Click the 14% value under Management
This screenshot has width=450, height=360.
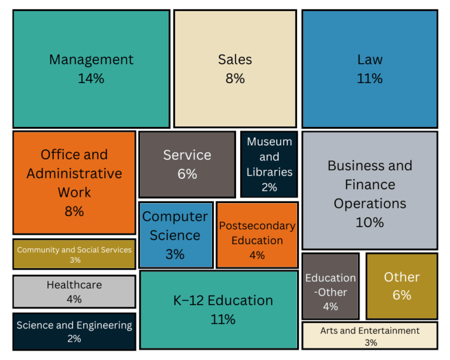(91, 78)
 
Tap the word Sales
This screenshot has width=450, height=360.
(235, 60)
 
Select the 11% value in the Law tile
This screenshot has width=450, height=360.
(370, 78)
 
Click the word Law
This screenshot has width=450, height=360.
(370, 60)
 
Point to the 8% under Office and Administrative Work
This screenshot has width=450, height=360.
(74, 212)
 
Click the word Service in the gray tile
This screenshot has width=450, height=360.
(187, 155)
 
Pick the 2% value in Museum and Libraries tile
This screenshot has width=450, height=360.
(269, 187)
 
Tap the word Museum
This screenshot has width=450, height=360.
(269, 142)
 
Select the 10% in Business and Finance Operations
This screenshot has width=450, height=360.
(370, 222)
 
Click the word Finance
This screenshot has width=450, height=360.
(370, 185)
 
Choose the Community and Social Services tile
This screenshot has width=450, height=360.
(74, 254)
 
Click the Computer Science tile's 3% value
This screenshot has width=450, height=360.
(175, 255)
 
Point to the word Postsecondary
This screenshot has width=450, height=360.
(257, 226)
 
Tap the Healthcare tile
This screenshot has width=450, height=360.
(74, 292)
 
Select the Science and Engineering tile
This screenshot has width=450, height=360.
(74, 331)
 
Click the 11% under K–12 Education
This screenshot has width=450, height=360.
(223, 320)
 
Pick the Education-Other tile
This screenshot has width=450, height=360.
(330, 286)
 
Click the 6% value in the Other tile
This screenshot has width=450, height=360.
(402, 296)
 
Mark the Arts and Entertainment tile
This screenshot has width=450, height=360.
(370, 335)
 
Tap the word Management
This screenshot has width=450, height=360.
(91, 60)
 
